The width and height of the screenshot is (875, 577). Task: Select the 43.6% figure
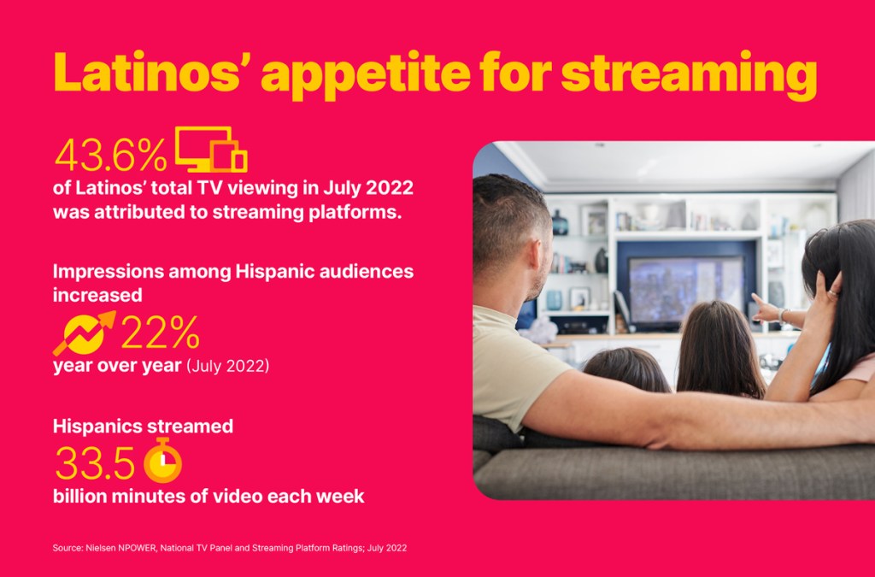coord(110,155)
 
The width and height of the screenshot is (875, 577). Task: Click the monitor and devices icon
coord(212,149)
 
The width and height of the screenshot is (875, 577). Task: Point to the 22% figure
coord(160,333)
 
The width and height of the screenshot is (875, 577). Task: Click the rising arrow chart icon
coord(85,333)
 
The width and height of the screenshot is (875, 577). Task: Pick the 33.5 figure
coord(95,463)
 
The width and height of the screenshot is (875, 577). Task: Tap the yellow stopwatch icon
coord(163,461)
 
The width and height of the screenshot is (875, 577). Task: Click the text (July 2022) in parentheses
coord(227,366)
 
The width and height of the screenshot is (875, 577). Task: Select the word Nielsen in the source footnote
coord(99,548)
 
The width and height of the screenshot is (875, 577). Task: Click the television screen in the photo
coord(686,289)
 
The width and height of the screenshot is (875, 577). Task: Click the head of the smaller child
coord(626,368)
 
